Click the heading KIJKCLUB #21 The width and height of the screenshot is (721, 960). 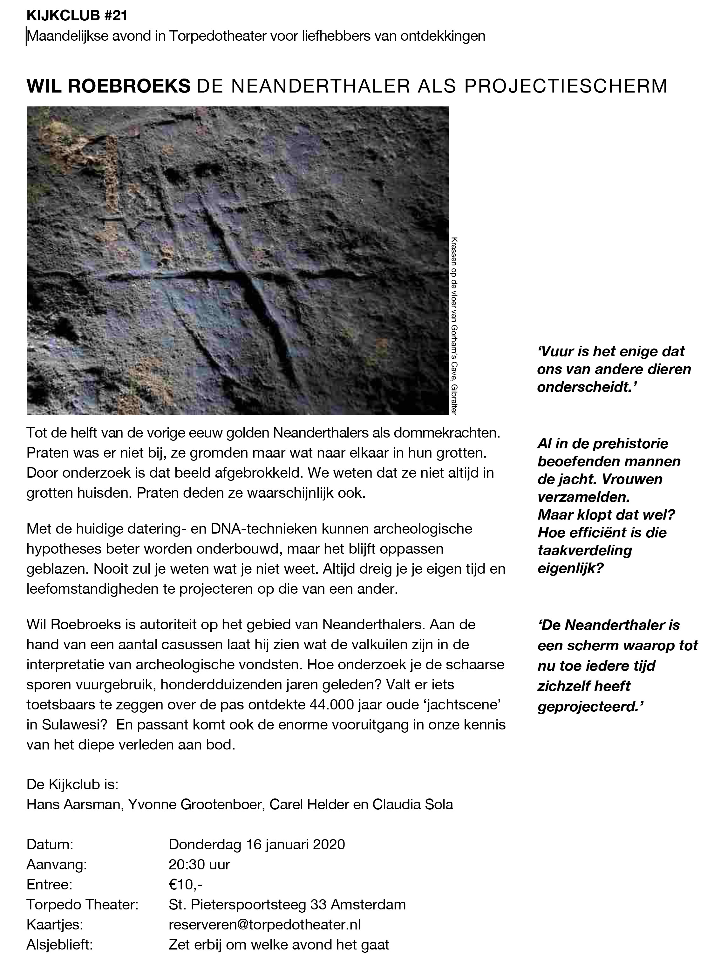[x=77, y=16]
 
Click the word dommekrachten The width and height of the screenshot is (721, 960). [x=449, y=433]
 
